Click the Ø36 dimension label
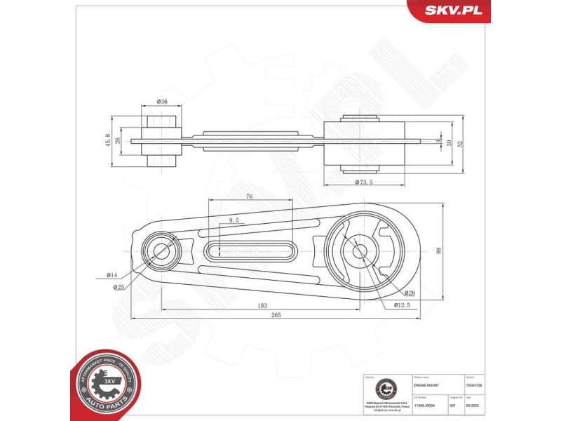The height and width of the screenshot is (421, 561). tap(161, 102)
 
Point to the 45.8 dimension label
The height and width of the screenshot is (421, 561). tap(107, 140)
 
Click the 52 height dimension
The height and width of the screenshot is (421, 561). tap(460, 142)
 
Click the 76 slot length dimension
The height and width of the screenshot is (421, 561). tap(249, 197)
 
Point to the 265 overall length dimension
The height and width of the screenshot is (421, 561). tap(275, 316)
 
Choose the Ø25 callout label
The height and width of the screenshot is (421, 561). tap(119, 287)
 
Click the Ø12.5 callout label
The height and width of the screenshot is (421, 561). tap(401, 305)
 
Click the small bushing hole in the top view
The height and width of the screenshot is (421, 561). tap(161, 250)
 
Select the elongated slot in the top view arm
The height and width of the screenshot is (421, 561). tap(251, 249)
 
